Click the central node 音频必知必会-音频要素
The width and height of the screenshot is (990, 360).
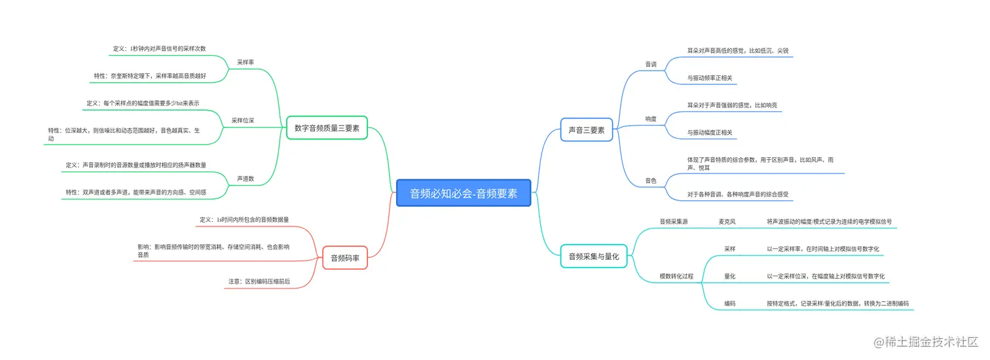pos(464,193)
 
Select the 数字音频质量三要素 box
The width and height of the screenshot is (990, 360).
pos(327,128)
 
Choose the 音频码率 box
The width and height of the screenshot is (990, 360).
pos(345,258)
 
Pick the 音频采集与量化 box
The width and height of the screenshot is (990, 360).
pos(594,256)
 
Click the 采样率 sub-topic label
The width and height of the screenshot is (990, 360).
pos(246,62)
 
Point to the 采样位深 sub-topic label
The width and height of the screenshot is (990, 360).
pos(243,120)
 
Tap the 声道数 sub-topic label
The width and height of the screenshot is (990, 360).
pos(246,178)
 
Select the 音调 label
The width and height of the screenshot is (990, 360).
pos(651,64)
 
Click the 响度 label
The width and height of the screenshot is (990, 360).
pos(651,119)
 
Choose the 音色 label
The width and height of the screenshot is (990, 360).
pos(651,180)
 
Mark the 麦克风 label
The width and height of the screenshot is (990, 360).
pos(727,222)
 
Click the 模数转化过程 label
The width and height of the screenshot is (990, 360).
pos(676,276)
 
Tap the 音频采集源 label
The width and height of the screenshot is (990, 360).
pos(674,222)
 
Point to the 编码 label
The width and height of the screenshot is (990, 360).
pos(729,304)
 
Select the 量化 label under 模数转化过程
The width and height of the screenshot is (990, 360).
pos(729,276)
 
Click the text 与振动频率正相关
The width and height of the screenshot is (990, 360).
pos(710,78)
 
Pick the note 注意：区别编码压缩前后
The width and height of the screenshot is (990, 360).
pos(259,281)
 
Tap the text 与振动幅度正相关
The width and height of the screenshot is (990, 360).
pos(710,133)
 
